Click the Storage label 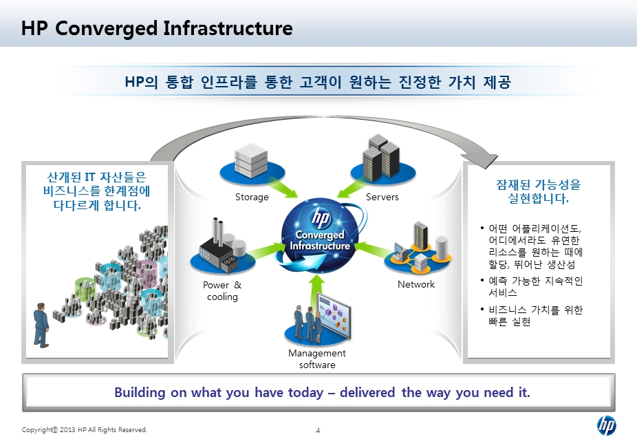(252, 197)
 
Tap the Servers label (382, 197)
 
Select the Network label (416, 284)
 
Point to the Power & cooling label (222, 290)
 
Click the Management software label (317, 358)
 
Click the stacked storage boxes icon (252, 160)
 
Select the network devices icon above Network (418, 248)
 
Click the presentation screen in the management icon (334, 315)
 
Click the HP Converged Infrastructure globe (321, 235)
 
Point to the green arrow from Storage (279, 189)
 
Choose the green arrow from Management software (317, 294)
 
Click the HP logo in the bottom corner (607, 426)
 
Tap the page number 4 (318, 430)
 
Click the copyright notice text (85, 429)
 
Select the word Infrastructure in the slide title (228, 28)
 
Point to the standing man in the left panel (41, 325)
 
